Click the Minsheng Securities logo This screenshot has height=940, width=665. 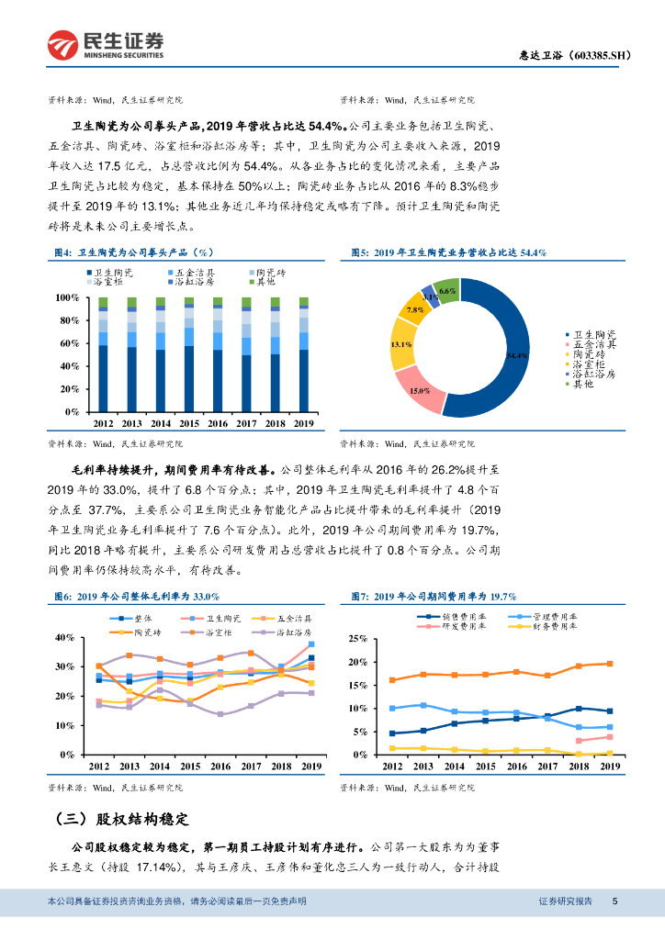click(106, 42)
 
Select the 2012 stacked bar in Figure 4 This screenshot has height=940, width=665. click(103, 354)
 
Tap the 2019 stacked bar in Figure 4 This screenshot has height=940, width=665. click(303, 354)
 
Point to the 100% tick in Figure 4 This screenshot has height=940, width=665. click(69, 298)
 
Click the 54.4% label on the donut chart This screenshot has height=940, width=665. click(517, 355)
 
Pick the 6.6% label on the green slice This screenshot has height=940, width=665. click(447, 291)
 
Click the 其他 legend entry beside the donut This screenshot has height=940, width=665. click(582, 384)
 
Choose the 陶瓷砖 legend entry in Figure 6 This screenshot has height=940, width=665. click(141, 632)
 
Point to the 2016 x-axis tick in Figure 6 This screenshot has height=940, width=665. click(217, 766)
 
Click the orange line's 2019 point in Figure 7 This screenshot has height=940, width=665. click(609, 664)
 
